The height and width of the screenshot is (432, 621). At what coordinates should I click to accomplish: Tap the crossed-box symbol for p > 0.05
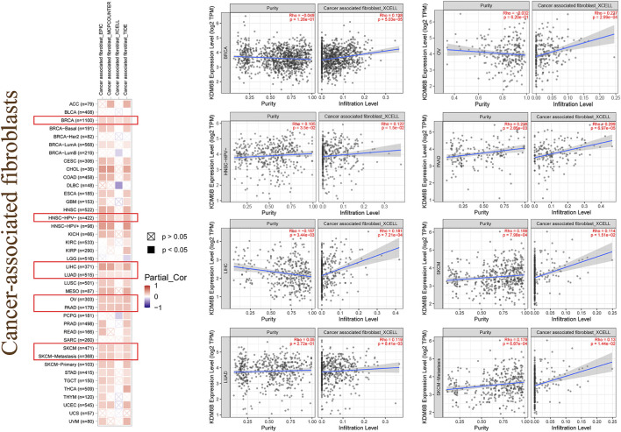point(152,237)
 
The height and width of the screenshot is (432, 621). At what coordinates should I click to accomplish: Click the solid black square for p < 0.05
point(152,252)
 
